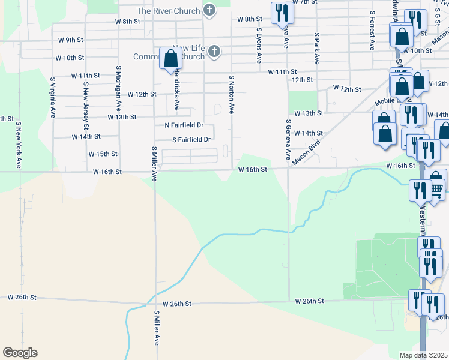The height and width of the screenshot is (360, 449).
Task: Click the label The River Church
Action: pos(169,11)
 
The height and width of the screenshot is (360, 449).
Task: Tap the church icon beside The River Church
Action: pos(209,10)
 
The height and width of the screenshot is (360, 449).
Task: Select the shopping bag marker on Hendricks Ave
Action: pos(170,59)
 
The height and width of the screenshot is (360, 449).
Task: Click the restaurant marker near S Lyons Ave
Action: pos(281,13)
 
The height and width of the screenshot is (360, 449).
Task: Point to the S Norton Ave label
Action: pos(231,94)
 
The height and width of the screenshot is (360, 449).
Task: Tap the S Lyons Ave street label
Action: pos(259,46)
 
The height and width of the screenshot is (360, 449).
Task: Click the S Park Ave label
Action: pos(316,48)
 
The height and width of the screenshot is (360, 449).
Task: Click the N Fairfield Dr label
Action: pos(184,126)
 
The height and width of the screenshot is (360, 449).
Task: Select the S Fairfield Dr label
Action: pos(191,140)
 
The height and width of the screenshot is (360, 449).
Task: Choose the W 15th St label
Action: pos(103,154)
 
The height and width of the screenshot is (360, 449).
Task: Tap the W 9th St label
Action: pos(71,40)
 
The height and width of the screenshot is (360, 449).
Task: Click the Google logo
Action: pos(20,353)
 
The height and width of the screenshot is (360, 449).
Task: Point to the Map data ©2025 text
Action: pos(424,355)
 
